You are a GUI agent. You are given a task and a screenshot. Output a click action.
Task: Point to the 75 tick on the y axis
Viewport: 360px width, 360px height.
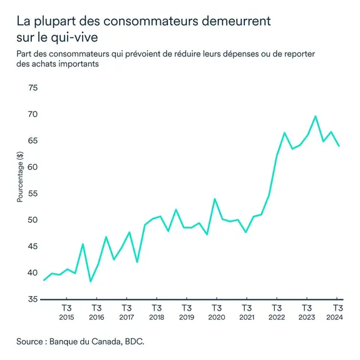32,88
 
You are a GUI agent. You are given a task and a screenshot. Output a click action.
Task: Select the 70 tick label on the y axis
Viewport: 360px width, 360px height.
32,115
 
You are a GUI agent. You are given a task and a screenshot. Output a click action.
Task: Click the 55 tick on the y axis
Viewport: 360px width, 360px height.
32,194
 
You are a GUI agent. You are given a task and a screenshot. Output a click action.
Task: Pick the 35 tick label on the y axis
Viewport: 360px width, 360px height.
32,300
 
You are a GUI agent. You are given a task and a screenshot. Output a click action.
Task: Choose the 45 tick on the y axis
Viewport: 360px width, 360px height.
32,247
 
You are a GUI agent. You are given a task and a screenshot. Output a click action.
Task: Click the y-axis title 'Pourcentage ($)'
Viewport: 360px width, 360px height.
20,177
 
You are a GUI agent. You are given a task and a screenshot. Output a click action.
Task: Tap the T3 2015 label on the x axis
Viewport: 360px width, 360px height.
66,312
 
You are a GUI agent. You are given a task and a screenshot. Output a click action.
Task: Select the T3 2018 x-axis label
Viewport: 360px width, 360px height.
157,312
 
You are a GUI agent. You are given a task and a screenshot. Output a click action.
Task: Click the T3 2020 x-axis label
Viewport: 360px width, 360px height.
217,312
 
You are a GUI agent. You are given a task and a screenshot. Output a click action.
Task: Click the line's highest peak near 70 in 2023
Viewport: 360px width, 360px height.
315,116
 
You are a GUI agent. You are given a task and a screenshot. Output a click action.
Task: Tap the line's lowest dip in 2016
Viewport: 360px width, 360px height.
91,281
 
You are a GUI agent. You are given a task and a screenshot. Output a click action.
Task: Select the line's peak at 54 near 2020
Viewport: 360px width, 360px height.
215,199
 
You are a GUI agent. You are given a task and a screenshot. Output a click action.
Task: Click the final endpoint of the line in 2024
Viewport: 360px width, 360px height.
338,146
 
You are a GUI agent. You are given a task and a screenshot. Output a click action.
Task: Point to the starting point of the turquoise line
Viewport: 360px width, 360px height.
44,280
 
